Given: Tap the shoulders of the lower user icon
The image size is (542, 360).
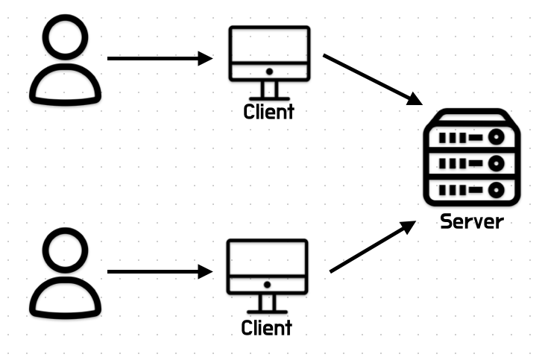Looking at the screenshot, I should [x=65, y=297].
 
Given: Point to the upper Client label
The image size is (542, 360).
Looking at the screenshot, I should [x=268, y=113].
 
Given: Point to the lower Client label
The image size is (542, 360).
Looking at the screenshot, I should [x=267, y=327].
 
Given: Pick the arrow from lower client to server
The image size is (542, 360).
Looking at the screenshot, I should [x=371, y=247].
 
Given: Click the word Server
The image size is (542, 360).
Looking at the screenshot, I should [x=471, y=221].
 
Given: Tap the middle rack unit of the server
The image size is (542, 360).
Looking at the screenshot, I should [x=470, y=163].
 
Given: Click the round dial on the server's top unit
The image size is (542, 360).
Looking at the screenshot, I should [x=495, y=138].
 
